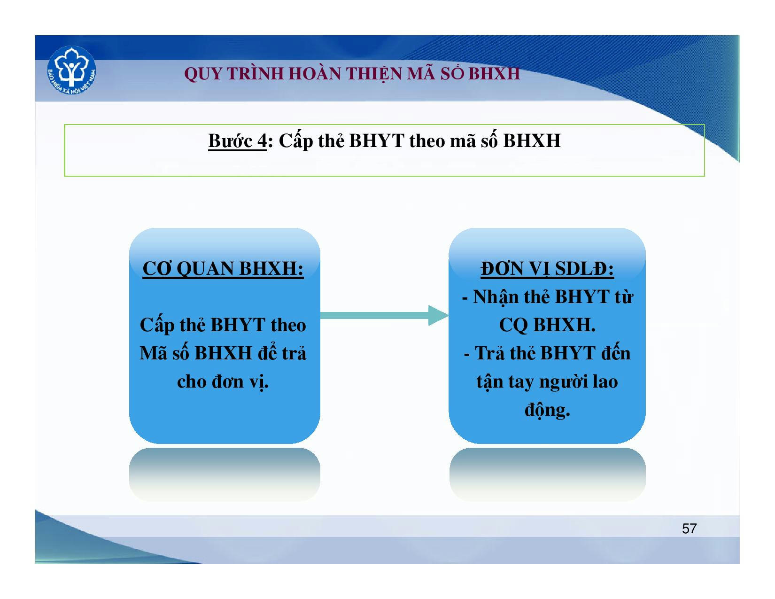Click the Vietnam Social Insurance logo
(71, 70)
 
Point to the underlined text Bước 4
(237, 140)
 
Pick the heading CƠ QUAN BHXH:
(223, 268)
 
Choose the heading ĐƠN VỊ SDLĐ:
(547, 268)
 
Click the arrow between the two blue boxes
(384, 315)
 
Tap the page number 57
(689, 529)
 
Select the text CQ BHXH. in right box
(547, 325)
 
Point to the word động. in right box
(547, 410)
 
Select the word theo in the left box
(288, 325)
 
